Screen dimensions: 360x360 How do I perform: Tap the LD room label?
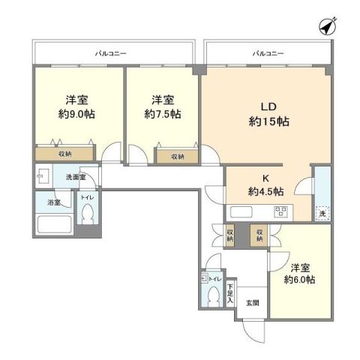(x=268, y=106)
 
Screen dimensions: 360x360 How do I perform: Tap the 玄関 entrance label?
(x=252, y=303)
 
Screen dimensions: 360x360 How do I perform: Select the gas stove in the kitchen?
(x=280, y=211)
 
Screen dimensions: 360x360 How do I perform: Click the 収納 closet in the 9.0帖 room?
(x=64, y=154)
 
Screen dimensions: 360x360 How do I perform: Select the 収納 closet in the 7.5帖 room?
(x=177, y=156)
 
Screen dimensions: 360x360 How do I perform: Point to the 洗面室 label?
(x=75, y=178)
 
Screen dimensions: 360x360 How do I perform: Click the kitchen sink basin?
(x=244, y=211)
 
